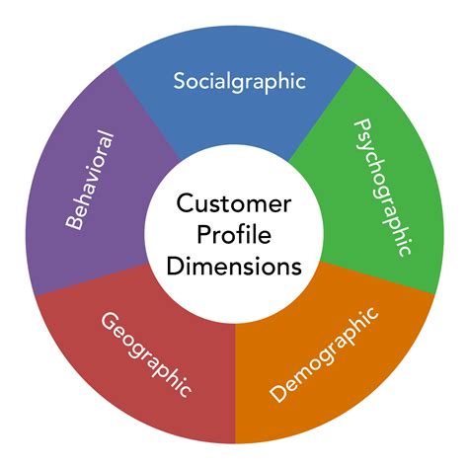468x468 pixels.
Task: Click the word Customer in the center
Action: [x=234, y=205]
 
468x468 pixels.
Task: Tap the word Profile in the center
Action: [x=234, y=235]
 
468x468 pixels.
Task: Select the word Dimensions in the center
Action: [x=234, y=266]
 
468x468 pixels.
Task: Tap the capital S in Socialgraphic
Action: [x=180, y=80]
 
